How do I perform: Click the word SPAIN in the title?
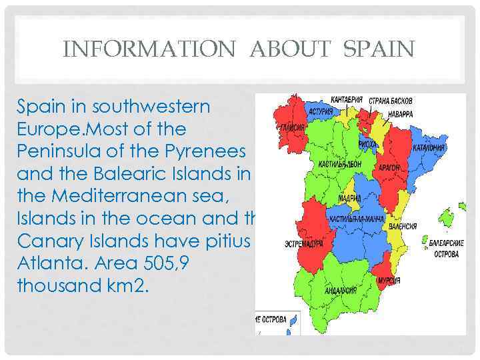[380, 49]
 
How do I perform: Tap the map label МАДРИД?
[350, 199]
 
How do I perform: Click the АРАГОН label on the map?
[389, 167]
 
